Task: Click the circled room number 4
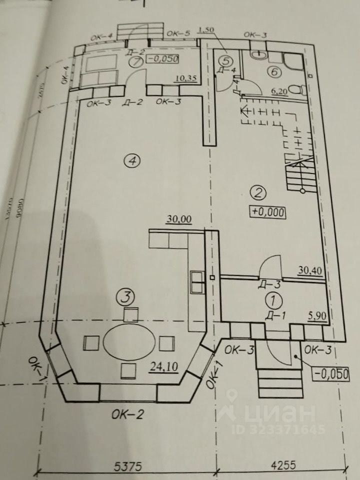click(132, 161)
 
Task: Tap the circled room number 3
click(126, 298)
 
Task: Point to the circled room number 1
click(272, 300)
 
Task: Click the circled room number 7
click(133, 62)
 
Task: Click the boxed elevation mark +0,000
click(268, 212)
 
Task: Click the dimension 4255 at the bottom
click(283, 465)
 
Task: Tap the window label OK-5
click(179, 33)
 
